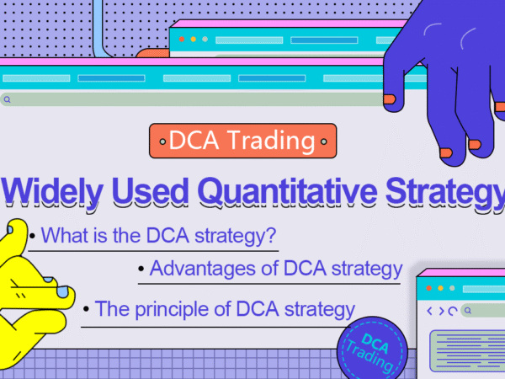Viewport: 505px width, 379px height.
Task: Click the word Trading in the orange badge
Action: (x=271, y=141)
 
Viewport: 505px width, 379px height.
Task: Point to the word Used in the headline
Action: (x=150, y=192)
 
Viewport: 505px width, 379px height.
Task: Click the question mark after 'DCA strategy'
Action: (x=271, y=235)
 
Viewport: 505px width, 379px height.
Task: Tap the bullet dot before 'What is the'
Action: (x=32, y=236)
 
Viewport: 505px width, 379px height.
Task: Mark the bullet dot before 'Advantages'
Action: (x=141, y=269)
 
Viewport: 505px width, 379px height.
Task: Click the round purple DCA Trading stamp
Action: (x=372, y=349)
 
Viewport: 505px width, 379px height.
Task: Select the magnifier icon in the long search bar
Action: (x=7, y=99)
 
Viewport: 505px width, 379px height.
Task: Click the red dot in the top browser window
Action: (x=182, y=40)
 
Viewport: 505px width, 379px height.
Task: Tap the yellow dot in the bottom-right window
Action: (x=440, y=288)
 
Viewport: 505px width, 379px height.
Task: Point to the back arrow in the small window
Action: (x=429, y=311)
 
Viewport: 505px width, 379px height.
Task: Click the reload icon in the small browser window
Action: (x=453, y=311)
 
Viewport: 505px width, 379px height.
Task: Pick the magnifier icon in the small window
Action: (x=468, y=310)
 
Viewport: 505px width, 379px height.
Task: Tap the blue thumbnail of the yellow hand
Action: (x=10, y=230)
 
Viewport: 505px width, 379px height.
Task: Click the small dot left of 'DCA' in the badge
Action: (x=163, y=141)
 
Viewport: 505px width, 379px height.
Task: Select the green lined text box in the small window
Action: (x=467, y=351)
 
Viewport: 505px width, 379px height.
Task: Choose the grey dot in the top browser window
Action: (x=205, y=40)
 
